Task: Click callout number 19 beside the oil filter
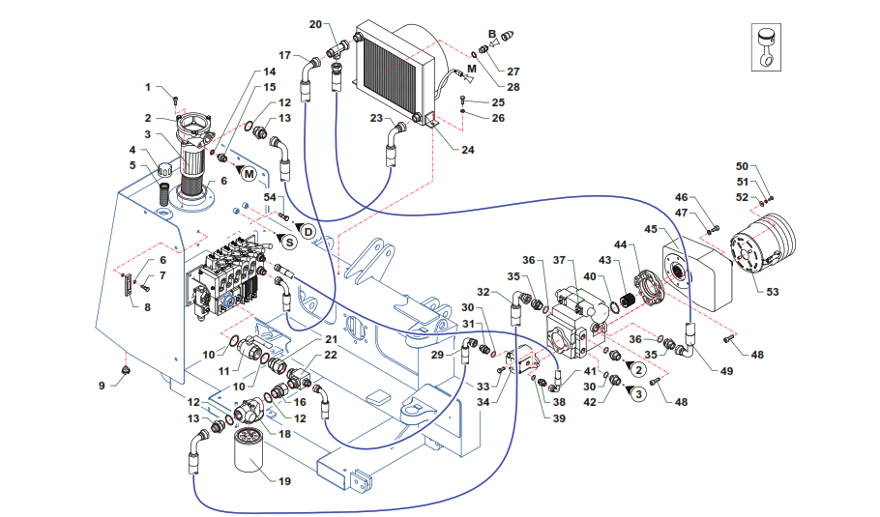(284, 479)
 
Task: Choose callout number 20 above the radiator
(315, 23)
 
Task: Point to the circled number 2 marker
(639, 369)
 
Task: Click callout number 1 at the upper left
(149, 88)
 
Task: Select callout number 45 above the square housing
(652, 229)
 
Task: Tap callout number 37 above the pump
(558, 260)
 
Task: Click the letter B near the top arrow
(491, 35)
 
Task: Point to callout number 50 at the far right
(742, 166)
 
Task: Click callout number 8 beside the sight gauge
(148, 307)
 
